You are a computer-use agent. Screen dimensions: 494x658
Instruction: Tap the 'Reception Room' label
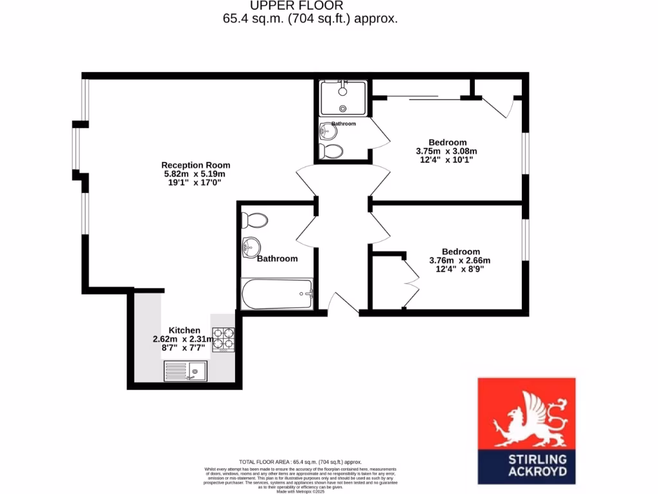[x=195, y=165]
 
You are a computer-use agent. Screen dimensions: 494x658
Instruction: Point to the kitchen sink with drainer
[x=185, y=370]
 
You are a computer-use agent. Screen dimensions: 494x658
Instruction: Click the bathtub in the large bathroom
[x=276, y=295]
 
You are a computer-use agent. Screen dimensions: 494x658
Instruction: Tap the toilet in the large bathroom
[x=254, y=221]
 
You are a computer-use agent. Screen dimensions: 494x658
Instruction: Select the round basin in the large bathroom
[x=251, y=245]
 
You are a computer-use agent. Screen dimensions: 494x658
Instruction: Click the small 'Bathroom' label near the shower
[x=344, y=123]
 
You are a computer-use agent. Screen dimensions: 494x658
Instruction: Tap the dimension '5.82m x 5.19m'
[x=195, y=174]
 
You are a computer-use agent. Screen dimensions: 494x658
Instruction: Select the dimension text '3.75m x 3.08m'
[x=447, y=152]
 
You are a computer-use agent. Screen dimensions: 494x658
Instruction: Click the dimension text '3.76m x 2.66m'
[x=460, y=261]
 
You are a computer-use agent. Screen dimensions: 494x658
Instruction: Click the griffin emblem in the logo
[x=526, y=421]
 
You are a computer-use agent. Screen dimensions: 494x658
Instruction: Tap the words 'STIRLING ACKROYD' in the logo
[x=526, y=465]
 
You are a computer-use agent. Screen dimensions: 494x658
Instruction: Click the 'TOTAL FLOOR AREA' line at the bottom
[x=301, y=462]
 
